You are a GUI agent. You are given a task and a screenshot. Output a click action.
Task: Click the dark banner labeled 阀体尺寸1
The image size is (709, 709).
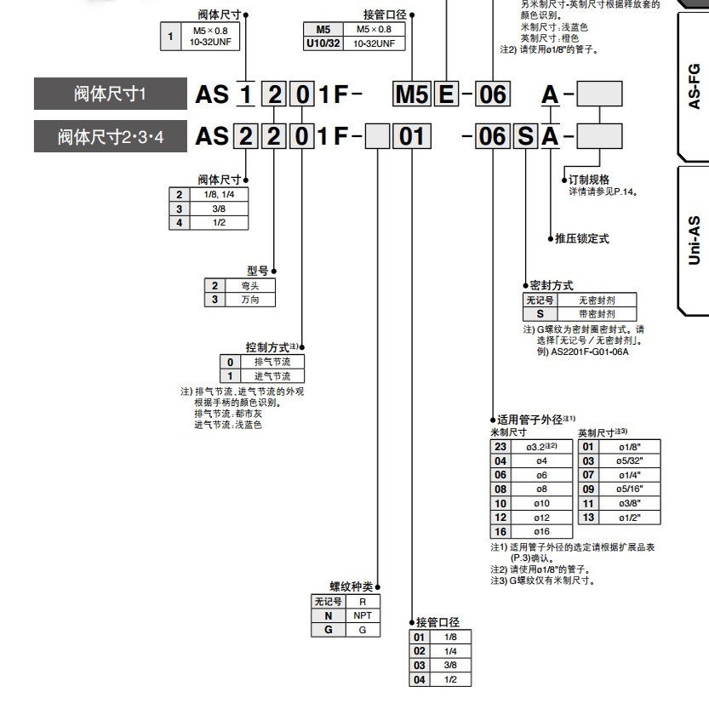click(x=110, y=94)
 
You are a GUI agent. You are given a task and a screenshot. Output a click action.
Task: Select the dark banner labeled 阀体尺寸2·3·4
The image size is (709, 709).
click(x=110, y=135)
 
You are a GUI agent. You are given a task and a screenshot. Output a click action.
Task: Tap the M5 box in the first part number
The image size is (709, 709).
click(x=412, y=94)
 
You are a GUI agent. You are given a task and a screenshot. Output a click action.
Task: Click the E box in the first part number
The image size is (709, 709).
click(x=445, y=94)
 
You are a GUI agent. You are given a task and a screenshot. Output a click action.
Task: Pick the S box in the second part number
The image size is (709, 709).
click(x=525, y=135)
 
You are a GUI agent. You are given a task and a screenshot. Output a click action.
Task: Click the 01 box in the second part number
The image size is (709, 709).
click(x=412, y=135)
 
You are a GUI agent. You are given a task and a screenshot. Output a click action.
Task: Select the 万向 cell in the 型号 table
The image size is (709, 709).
click(x=250, y=300)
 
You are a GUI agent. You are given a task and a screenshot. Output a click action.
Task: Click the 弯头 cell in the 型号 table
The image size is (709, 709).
click(x=250, y=286)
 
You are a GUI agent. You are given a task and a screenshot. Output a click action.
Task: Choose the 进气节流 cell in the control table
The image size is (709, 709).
click(x=272, y=375)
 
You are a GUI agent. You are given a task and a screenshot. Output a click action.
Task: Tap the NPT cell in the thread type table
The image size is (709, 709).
click(x=363, y=615)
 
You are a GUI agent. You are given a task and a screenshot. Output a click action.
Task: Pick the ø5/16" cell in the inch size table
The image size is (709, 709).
click(x=629, y=489)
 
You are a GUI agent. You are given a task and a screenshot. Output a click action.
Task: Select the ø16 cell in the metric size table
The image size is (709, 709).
click(x=541, y=531)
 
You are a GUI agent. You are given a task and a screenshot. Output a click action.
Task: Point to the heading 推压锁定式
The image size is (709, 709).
click(x=582, y=239)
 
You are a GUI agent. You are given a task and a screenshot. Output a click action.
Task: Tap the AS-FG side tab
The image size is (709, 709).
click(x=693, y=85)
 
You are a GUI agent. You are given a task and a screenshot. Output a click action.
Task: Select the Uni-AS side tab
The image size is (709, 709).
click(x=693, y=240)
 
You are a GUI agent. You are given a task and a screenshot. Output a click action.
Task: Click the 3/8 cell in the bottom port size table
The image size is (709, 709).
click(x=450, y=665)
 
